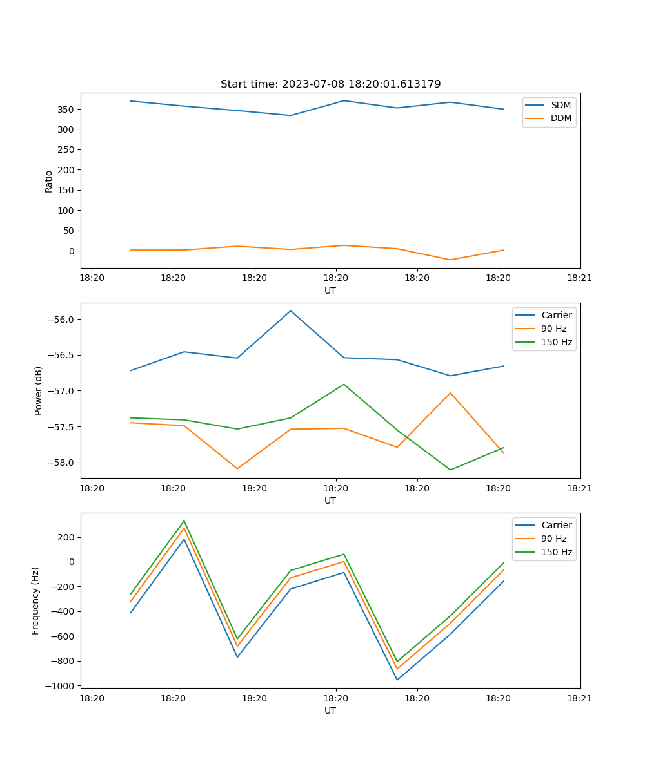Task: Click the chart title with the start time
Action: click(330, 84)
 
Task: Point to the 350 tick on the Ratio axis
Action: click(65, 109)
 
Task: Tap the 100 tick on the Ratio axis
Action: click(65, 211)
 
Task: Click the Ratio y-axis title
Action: click(48, 181)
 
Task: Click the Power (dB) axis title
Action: click(39, 390)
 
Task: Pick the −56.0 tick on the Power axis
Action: click(61, 320)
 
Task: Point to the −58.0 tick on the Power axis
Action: click(61, 463)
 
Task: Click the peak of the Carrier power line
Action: click(290, 310)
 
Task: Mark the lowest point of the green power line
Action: click(450, 470)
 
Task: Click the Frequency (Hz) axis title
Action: click(35, 600)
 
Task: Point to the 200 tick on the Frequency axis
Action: click(67, 537)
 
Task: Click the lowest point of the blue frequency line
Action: click(397, 680)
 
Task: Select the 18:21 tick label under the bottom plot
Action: click(580, 698)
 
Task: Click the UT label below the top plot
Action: click(330, 291)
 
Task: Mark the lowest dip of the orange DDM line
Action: click(450, 260)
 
